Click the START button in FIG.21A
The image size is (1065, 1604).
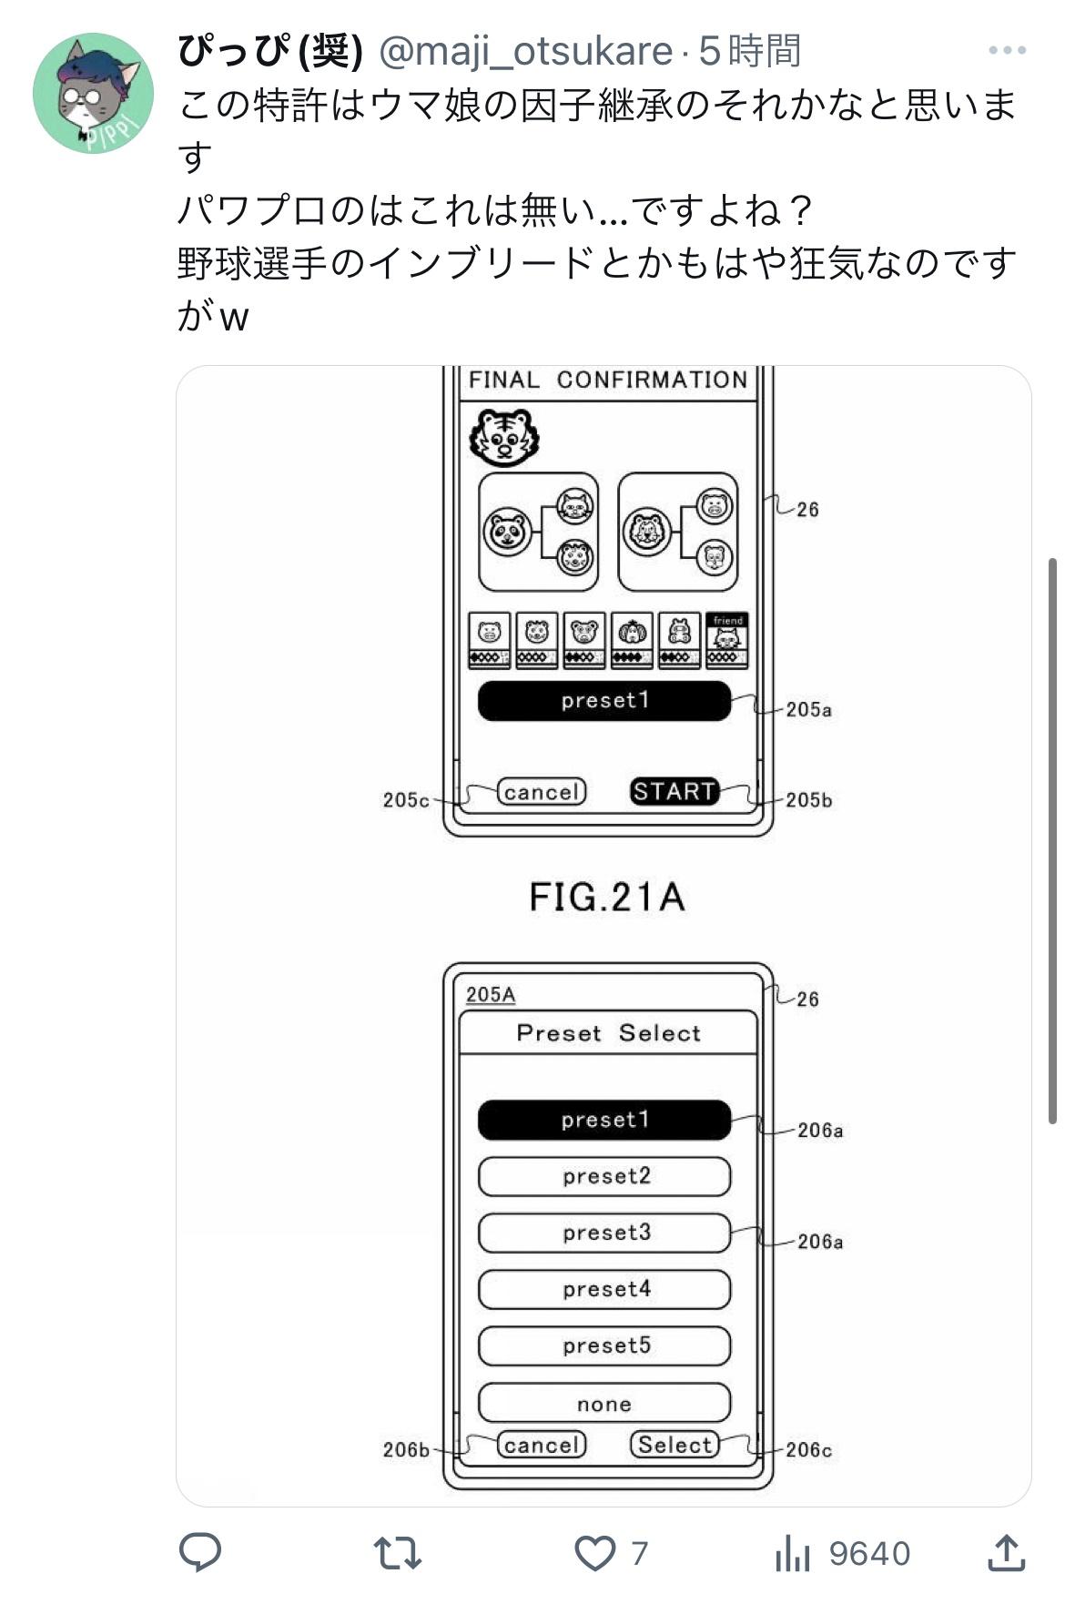pyautogui.click(x=674, y=791)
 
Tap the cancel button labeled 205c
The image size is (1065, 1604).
pyautogui.click(x=542, y=792)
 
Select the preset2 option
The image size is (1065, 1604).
pyautogui.click(x=605, y=1176)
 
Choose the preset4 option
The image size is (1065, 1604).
pyautogui.click(x=605, y=1289)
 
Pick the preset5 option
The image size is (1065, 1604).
pyautogui.click(x=605, y=1345)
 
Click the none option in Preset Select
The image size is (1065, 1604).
pyautogui.click(x=605, y=1403)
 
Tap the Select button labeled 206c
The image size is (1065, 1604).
pyautogui.click(x=674, y=1445)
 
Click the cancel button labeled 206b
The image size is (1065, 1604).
pyautogui.click(x=542, y=1445)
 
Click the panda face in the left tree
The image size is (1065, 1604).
pyautogui.click(x=508, y=533)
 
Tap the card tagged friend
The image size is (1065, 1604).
pyautogui.click(x=727, y=641)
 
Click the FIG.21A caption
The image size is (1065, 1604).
pyautogui.click(x=606, y=898)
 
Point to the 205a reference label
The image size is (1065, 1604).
pyautogui.click(x=808, y=709)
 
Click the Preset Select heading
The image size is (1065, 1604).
pyautogui.click(x=608, y=1033)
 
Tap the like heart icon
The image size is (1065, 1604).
pyautogui.click(x=595, y=1553)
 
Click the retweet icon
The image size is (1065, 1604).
pyautogui.click(x=398, y=1553)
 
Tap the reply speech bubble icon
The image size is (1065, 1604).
pyautogui.click(x=200, y=1553)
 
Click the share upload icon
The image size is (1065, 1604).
pyautogui.click(x=1007, y=1553)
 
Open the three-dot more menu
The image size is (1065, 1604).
pyautogui.click(x=1007, y=51)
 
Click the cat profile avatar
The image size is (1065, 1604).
pyautogui.click(x=93, y=93)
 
